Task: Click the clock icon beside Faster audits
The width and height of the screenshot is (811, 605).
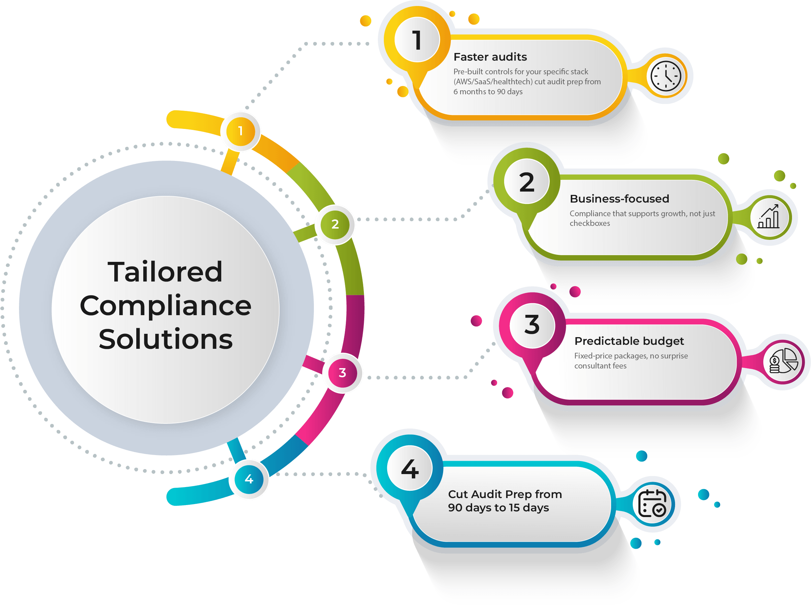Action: tap(666, 77)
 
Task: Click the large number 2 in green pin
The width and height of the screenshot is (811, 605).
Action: tap(527, 182)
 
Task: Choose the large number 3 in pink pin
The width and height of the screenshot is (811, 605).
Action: tap(532, 324)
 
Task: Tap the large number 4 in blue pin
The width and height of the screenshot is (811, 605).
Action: tap(410, 468)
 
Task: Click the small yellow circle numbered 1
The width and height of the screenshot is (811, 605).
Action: tap(240, 131)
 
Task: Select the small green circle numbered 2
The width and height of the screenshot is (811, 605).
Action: tap(335, 224)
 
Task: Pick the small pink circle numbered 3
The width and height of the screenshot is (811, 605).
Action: tap(342, 373)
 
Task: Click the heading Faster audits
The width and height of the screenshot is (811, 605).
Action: tap(490, 57)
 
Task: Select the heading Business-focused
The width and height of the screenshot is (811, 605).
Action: tap(619, 199)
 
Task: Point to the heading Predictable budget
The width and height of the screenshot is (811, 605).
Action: tap(629, 341)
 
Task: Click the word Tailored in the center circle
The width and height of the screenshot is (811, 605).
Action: tap(165, 272)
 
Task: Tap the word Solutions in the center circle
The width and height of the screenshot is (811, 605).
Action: tap(166, 339)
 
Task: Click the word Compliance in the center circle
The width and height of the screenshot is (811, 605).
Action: tap(166, 306)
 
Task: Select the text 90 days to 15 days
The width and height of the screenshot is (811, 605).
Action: tap(498, 508)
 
